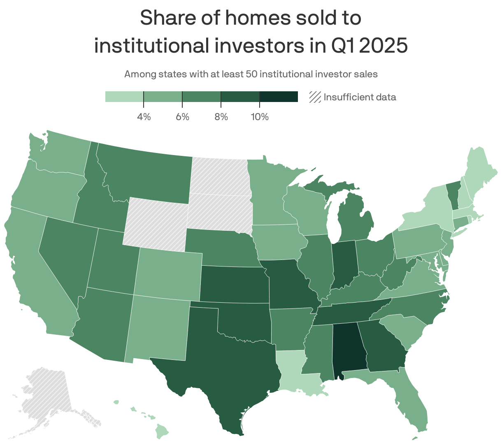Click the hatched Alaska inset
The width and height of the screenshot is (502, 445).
tap(45, 395)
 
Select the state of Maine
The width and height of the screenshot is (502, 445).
tap(479, 173)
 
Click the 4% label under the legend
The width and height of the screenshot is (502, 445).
tap(144, 117)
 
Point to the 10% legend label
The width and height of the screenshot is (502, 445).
tap(259, 117)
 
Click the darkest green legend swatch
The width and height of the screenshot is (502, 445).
tap(279, 97)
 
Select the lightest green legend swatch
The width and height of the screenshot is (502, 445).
tap(124, 97)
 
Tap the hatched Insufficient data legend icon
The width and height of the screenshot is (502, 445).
tap(315, 97)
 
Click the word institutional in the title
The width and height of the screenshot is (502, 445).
tap(150, 45)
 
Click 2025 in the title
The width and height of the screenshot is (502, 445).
tap(383, 45)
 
